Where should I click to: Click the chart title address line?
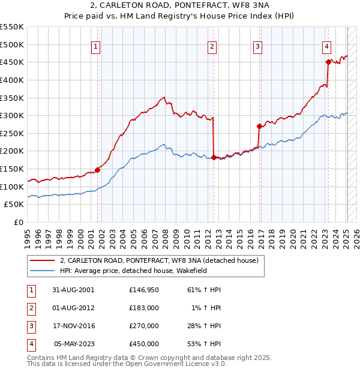pos(179,7)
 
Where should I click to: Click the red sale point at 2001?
pos(98,170)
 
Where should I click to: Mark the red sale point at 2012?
pos(214,157)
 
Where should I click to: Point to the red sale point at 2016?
pos(259,126)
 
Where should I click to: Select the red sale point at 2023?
pos(328,62)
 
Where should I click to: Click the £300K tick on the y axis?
pos(12,115)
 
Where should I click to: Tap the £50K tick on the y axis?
pos(14,205)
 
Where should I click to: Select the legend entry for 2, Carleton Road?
pos(159,260)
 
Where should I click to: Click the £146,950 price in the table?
pos(143,290)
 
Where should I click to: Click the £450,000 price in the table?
pos(143,344)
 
